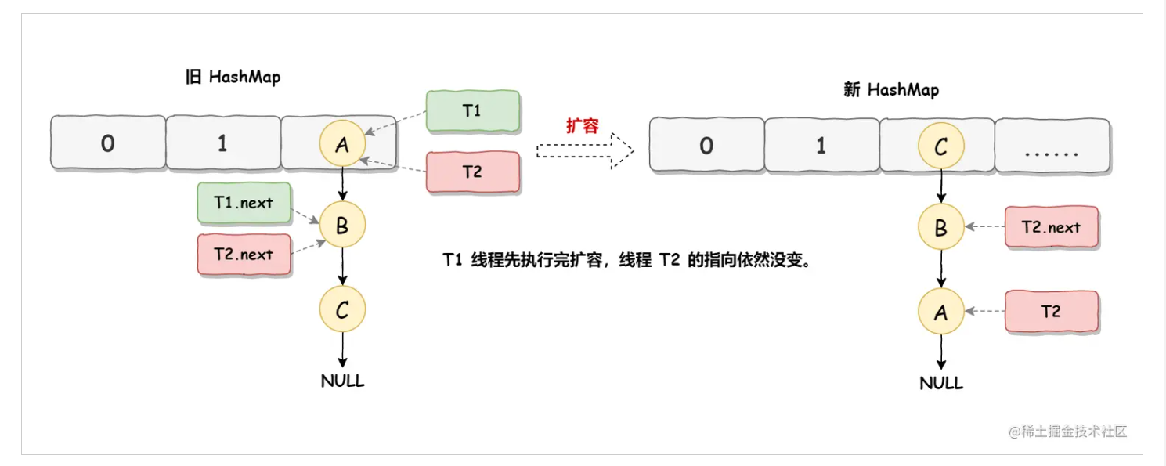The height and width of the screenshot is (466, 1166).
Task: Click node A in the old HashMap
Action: pyautogui.click(x=342, y=143)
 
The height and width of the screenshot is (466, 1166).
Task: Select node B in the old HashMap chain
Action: pyautogui.click(x=342, y=226)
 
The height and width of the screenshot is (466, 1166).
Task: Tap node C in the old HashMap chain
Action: pyautogui.click(x=342, y=310)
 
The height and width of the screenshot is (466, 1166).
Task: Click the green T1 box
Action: pyautogui.click(x=473, y=111)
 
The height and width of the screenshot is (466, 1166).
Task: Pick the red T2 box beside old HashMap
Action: pyautogui.click(x=473, y=172)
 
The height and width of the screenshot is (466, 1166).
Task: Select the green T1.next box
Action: pyautogui.click(x=244, y=203)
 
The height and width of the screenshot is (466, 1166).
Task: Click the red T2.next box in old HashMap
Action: pyautogui.click(x=244, y=255)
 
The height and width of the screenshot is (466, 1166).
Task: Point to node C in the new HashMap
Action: pyautogui.click(x=940, y=145)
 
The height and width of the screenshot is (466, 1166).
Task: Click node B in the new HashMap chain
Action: pyautogui.click(x=940, y=227)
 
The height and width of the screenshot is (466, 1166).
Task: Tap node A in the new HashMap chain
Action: pyautogui.click(x=940, y=312)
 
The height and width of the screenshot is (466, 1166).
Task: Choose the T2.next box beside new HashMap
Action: pyautogui.click(x=1051, y=228)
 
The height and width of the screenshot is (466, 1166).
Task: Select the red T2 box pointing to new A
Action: pyautogui.click(x=1051, y=312)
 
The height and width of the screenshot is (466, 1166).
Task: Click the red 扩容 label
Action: pyautogui.click(x=582, y=125)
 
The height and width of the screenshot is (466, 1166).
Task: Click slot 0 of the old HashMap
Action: pyautogui.click(x=108, y=143)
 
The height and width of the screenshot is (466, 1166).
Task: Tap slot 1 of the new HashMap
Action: pyautogui.click(x=821, y=146)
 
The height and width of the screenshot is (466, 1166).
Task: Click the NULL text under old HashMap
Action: pyautogui.click(x=342, y=381)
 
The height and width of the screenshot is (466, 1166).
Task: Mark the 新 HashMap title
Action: pyautogui.click(x=890, y=90)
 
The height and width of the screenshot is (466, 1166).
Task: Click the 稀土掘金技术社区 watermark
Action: pyautogui.click(x=1067, y=432)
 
